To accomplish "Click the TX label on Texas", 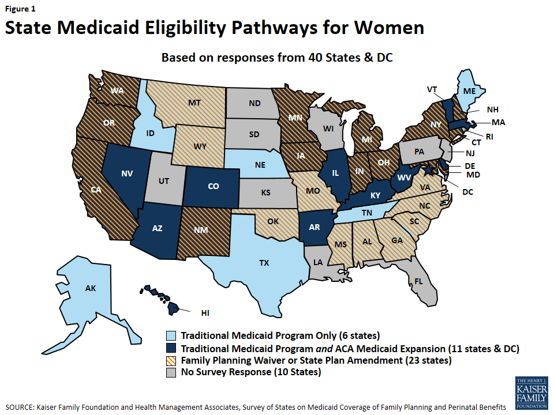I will pyautogui.click(x=264, y=262).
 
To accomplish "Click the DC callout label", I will pyautogui.click(x=467, y=191).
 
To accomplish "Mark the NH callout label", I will pyautogui.click(x=492, y=110).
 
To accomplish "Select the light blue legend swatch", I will pyautogui.click(x=172, y=335).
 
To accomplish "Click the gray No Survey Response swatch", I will pyautogui.click(x=172, y=372).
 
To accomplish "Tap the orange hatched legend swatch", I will pyautogui.click(x=172, y=360).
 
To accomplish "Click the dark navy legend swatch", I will pyautogui.click(x=172, y=348).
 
